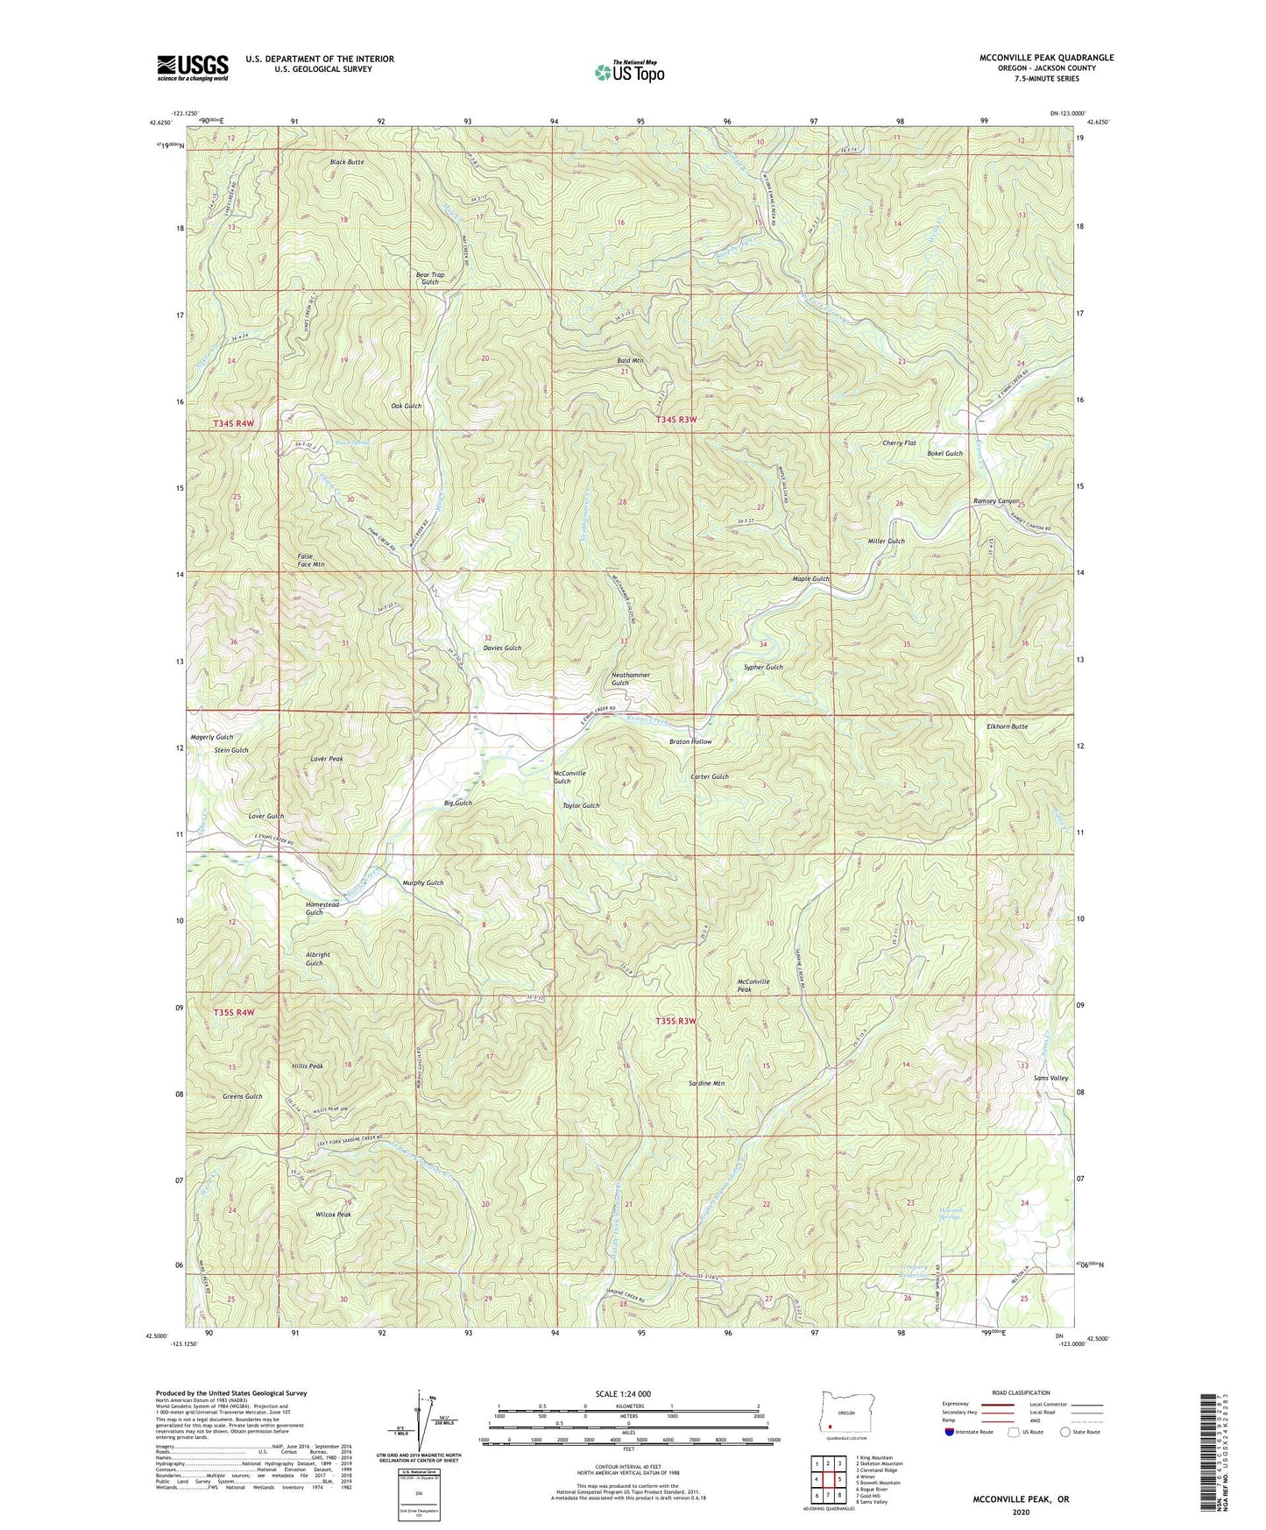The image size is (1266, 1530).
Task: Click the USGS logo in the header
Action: point(192,67)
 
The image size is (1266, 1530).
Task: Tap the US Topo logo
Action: point(628,71)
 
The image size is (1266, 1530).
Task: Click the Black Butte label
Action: point(347,162)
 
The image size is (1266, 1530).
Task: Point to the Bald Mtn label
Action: point(630,361)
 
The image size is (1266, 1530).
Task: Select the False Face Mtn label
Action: point(310,561)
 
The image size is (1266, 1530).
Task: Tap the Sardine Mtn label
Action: point(706,1083)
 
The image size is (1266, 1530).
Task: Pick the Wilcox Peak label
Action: point(333,1215)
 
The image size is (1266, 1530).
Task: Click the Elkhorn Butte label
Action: point(1007,726)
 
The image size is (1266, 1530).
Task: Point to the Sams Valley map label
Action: point(1050,1078)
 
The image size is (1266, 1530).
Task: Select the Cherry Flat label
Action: point(899,443)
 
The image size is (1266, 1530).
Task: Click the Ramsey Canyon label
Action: point(996,501)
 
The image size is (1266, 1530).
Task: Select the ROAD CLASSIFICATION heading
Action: point(1021,1392)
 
